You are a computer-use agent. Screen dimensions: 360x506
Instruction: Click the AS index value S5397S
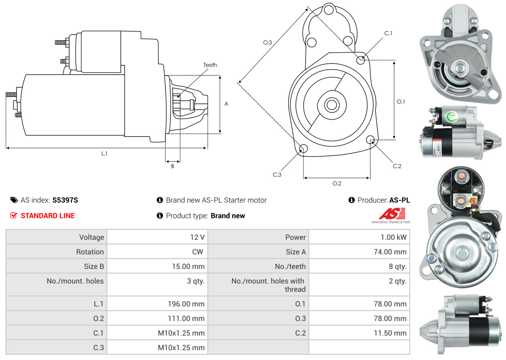65,200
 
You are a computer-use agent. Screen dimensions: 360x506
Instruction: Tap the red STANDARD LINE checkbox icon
14,215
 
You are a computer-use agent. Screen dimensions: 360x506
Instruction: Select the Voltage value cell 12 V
197,237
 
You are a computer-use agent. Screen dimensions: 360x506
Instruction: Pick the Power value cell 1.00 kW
393,237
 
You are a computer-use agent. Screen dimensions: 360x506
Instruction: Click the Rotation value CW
197,252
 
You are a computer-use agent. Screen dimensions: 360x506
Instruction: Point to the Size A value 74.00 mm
390,252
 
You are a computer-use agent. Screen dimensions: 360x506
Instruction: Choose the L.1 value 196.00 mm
186,304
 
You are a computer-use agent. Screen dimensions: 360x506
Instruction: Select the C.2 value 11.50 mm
390,333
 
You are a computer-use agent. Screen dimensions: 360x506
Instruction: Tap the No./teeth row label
290,267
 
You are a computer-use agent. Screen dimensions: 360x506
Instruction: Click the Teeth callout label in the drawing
210,65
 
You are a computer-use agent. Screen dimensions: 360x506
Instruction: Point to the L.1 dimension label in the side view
104,153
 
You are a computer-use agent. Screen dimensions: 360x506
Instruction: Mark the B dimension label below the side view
173,166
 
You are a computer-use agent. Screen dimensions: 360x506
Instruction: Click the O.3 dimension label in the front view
267,42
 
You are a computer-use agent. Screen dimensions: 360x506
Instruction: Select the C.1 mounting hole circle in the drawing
361,60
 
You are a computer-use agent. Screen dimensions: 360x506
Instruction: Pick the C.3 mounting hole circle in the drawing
303,148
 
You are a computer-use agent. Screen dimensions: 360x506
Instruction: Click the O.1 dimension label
401,102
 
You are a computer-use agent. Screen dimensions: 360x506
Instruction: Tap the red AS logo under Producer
392,214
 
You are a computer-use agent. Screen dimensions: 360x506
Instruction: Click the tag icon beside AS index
14,200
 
